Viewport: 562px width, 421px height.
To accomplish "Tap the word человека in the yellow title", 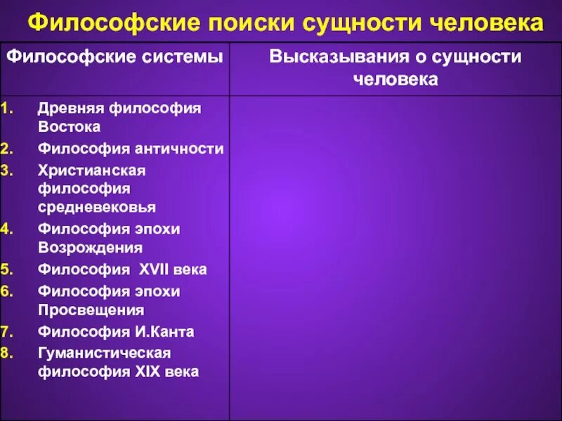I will coord(483,24).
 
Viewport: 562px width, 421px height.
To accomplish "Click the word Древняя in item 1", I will coord(71,109).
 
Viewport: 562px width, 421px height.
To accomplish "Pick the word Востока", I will coord(69,127).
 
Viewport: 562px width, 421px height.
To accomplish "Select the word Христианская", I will coord(91,171).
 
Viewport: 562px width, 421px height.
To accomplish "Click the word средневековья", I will coord(97,207).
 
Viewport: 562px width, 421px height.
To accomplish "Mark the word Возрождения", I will coord(91,247).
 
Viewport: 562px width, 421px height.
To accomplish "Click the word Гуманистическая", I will coord(105,353).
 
